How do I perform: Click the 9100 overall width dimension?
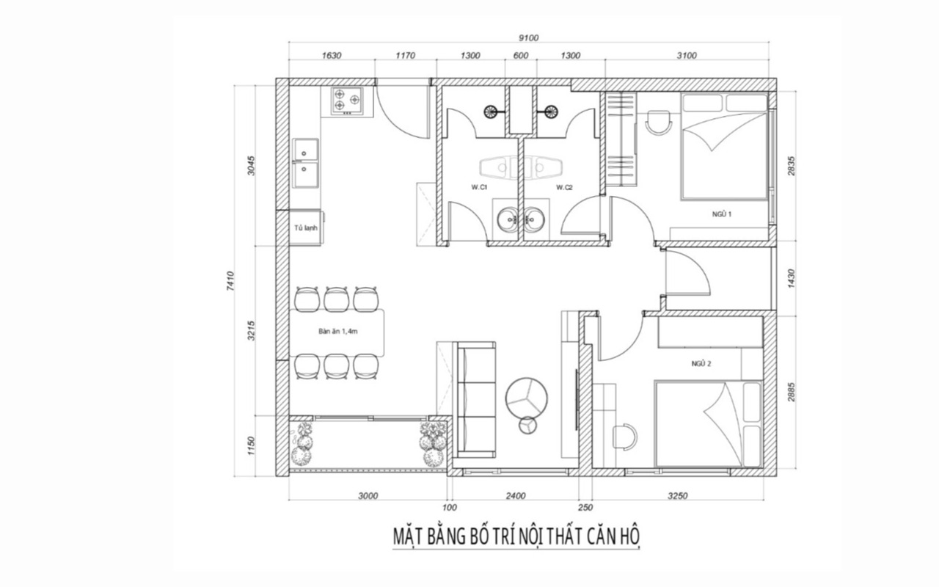point(528,38)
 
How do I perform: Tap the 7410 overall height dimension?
point(230,281)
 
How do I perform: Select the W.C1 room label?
point(479,187)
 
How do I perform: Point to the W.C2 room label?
point(564,187)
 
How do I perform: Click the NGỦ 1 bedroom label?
point(722,214)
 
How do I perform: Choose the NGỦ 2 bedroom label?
point(701,363)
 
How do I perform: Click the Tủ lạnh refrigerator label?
point(306,228)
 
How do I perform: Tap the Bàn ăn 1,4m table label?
point(338,331)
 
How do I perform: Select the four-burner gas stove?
point(347,101)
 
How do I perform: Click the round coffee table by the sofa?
point(526,397)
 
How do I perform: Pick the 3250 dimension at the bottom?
point(677,496)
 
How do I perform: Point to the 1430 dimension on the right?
point(791,278)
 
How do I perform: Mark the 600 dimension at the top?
point(521,56)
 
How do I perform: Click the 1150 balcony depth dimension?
point(251,445)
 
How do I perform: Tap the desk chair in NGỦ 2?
point(624,436)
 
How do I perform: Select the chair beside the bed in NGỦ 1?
point(659,123)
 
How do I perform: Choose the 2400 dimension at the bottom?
point(516,496)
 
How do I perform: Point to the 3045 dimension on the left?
point(251,166)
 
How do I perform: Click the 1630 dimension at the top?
point(331,56)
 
